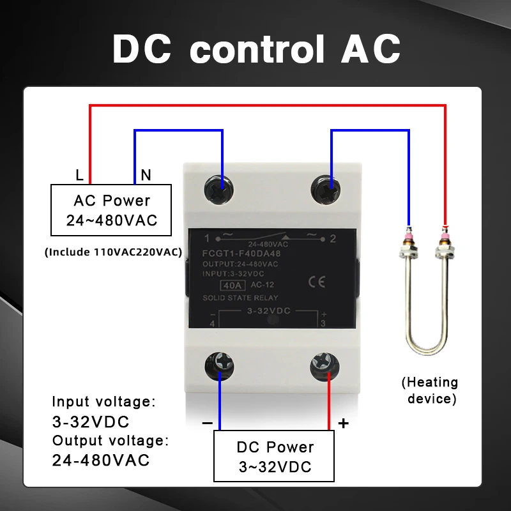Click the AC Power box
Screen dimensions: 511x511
[112, 210]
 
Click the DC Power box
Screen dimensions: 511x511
[275, 456]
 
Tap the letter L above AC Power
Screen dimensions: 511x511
[79, 174]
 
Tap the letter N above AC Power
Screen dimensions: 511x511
[146, 174]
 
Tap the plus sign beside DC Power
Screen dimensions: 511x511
[343, 423]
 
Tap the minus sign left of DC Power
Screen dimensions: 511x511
[206, 423]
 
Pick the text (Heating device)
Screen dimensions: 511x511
[429, 391]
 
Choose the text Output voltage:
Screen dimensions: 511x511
[111, 440]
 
